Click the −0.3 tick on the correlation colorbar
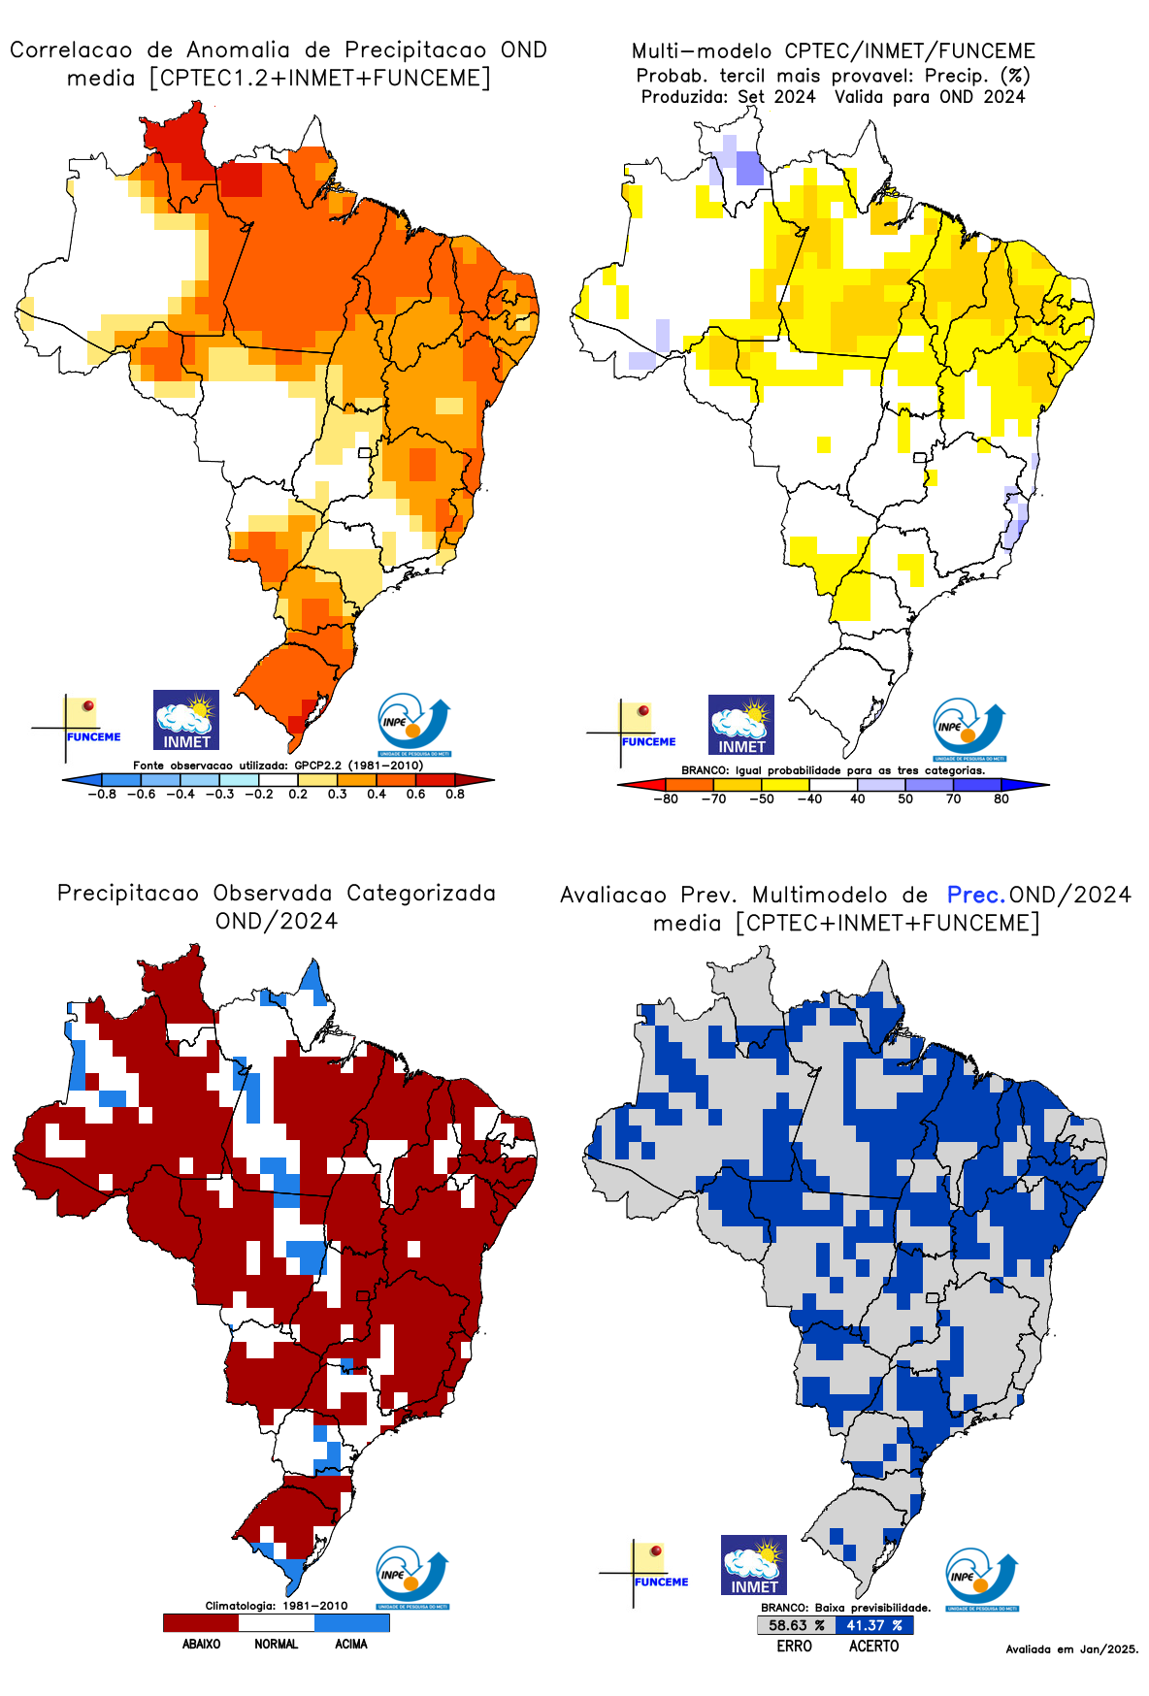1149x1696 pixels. pos(219,794)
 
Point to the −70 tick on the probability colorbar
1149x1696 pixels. pos(713,799)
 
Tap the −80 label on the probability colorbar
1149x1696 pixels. pos(666,799)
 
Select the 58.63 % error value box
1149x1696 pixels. pos(796,1625)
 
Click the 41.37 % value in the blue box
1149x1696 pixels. pos(873,1625)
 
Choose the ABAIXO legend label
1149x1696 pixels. pos(201,1644)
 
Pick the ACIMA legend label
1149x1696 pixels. pos(351,1644)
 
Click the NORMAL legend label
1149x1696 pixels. pos(277,1644)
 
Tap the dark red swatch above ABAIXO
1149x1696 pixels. pos(201,1622)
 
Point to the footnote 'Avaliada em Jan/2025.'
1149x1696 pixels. pos(1071,1648)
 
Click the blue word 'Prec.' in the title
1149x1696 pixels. pos(976,895)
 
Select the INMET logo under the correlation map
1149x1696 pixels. pos(186,720)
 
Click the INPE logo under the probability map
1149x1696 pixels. pos(968,729)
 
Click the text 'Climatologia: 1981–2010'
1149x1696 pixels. pos(277,1606)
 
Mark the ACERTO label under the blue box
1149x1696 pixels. pos(873,1646)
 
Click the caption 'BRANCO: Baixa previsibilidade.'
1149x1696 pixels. pos(845,1608)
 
